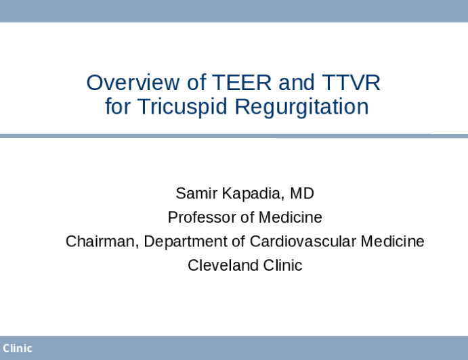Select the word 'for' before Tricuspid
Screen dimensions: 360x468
click(117, 107)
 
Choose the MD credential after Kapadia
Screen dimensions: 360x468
click(303, 194)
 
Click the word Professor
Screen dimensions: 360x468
click(200, 217)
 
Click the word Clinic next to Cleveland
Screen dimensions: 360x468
click(280, 265)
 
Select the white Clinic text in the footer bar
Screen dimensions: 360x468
click(17, 348)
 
